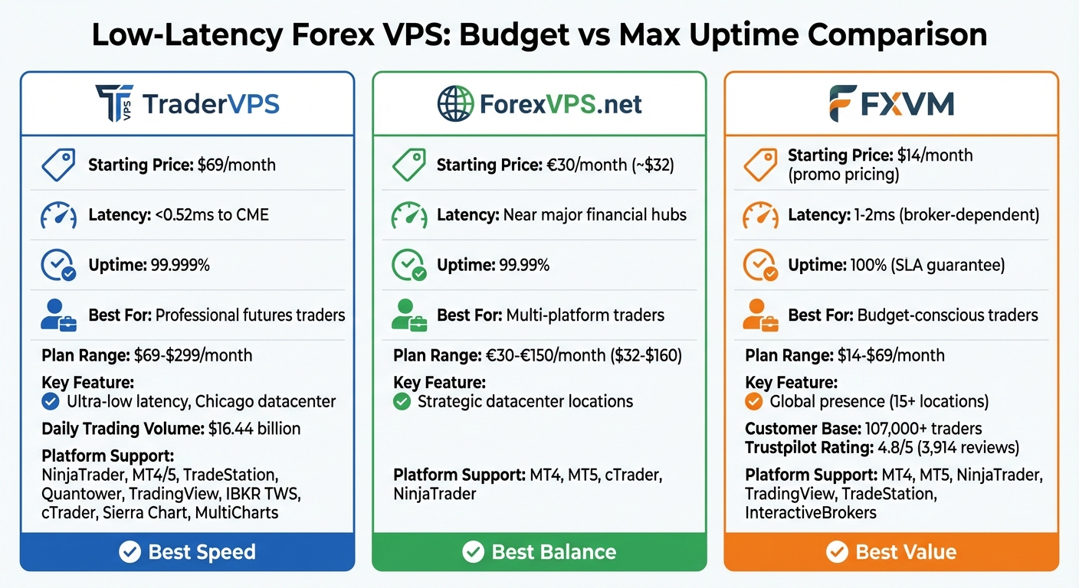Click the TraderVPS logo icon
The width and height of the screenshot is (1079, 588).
(x=115, y=103)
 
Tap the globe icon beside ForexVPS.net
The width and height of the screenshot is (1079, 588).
(x=455, y=103)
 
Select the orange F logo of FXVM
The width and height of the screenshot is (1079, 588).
(x=843, y=103)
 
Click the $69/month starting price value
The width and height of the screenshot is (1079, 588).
(x=237, y=165)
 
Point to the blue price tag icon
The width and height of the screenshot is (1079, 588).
(x=58, y=165)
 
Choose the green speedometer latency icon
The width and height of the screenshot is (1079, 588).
(x=409, y=215)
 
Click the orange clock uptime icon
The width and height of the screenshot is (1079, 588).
(x=760, y=266)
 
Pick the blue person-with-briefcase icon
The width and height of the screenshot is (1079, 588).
(x=58, y=315)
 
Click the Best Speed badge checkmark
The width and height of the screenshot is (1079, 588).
(x=130, y=552)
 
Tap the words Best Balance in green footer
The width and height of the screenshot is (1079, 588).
(x=554, y=552)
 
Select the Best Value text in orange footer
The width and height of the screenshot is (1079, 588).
(x=906, y=552)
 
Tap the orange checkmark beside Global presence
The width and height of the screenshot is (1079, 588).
(x=754, y=401)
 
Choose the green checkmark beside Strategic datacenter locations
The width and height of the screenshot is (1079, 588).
(x=402, y=401)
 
